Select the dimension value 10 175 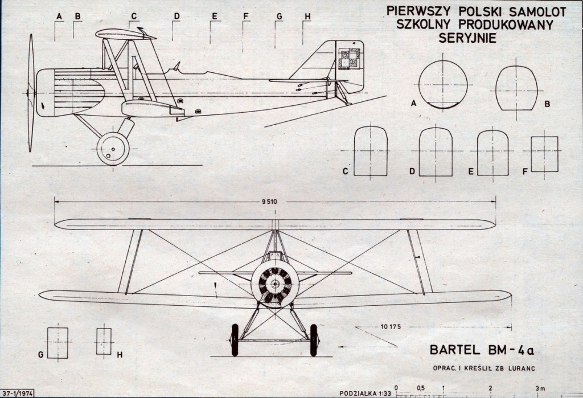[x=391, y=327]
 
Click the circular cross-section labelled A [x=443, y=84]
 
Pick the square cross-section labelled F [x=544, y=154]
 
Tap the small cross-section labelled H [x=104, y=340]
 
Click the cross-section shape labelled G [x=58, y=342]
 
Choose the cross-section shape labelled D [x=436, y=153]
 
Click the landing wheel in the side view [x=113, y=149]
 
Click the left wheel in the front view [x=235, y=339]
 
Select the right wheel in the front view [x=314, y=339]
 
